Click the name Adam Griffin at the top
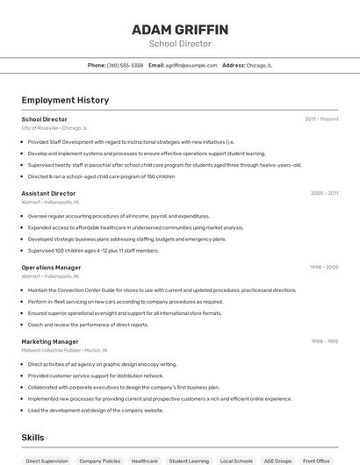[180, 29]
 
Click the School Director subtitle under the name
[180, 44]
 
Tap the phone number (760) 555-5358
[125, 65]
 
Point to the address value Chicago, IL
[259, 65]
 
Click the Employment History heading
[65, 100]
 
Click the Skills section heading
[32, 437]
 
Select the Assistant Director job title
[48, 193]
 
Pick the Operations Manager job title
[51, 267]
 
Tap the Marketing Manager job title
[50, 341]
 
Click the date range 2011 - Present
[321, 118]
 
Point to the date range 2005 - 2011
[324, 193]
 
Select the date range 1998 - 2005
[324, 267]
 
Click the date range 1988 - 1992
[324, 341]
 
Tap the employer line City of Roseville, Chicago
[54, 127]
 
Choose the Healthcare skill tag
[144, 461]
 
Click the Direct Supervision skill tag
[46, 461]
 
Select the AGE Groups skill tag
[277, 461]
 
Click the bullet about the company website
[96, 410]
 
